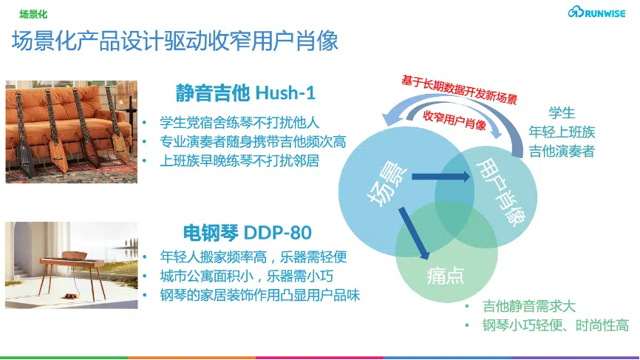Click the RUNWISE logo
tap(596, 13)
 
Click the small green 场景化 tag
tap(33, 14)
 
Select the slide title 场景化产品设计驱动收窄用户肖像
tap(175, 41)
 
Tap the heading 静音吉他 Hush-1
tap(245, 92)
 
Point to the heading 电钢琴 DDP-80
tap(248, 232)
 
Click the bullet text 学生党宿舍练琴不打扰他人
tap(239, 123)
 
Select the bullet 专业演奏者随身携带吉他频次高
tap(253, 142)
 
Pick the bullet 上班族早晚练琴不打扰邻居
tap(239, 161)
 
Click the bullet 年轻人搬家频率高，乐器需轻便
tap(253, 257)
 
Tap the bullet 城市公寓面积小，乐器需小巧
tap(246, 276)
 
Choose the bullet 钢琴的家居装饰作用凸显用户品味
tap(259, 295)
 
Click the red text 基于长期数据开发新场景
tap(459, 89)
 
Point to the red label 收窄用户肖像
tap(454, 120)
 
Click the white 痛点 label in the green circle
tap(446, 276)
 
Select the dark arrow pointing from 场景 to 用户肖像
tap(440, 177)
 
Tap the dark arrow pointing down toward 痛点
tap(413, 233)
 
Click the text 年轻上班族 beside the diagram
tap(562, 132)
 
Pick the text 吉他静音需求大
tap(529, 306)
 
